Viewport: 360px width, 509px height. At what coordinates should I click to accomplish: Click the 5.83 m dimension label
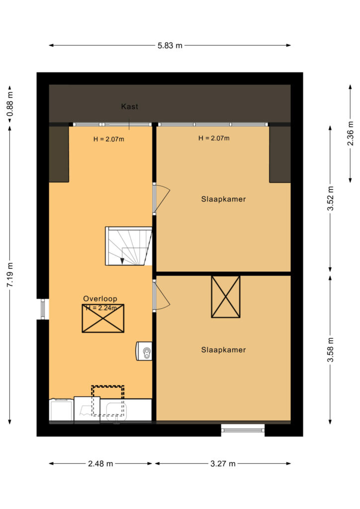tap(170, 45)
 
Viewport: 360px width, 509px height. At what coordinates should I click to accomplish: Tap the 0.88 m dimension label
tap(10, 104)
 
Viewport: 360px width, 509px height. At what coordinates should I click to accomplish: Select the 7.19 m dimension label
tap(10, 274)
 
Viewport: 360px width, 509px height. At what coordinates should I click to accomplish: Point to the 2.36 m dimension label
tap(351, 133)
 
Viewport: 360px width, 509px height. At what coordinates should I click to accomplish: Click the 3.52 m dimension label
tap(331, 198)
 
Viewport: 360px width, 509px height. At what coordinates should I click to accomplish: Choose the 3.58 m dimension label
tap(331, 350)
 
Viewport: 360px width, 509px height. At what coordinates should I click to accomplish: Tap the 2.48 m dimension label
tap(100, 464)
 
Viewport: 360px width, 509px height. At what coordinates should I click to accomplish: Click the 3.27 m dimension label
tap(223, 464)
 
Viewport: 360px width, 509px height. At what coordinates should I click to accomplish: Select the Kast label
tap(129, 106)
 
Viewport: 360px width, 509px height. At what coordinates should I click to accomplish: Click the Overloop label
tap(100, 299)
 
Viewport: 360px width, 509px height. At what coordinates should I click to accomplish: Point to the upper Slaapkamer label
tap(223, 199)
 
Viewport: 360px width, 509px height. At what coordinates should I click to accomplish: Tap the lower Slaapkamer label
tap(223, 349)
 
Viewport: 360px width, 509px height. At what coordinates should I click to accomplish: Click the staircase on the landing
tap(129, 246)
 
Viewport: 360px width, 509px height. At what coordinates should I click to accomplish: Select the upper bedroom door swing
tap(161, 198)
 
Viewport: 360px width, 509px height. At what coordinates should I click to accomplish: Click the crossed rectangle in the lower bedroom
tap(226, 297)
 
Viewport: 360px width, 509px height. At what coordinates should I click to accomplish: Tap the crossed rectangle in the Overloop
tap(103, 319)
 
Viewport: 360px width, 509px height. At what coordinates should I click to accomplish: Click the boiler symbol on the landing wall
tap(144, 351)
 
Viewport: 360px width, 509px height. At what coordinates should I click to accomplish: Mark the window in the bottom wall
tap(243, 430)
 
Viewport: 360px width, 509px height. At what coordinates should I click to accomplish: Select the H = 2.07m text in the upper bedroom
tap(214, 138)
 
